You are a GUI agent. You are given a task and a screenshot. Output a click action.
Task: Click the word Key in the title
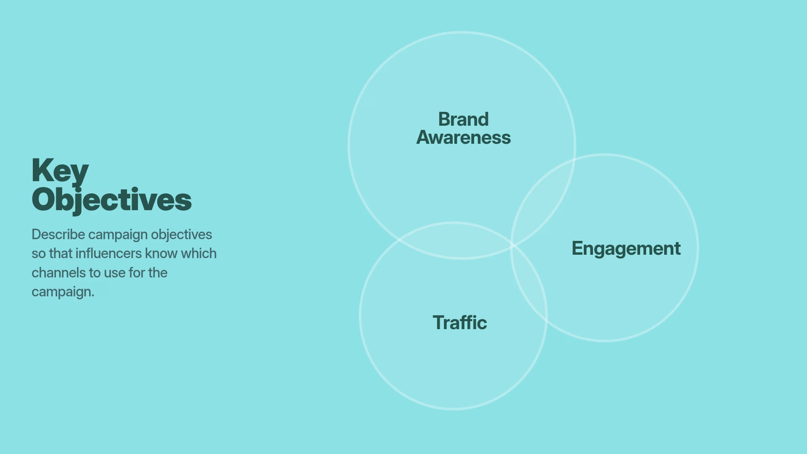tap(60, 171)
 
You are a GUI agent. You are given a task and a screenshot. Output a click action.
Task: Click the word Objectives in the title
tap(111, 200)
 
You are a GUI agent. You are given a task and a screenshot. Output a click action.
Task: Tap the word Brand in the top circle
tap(463, 119)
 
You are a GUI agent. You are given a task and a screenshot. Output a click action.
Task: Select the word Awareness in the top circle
tap(463, 138)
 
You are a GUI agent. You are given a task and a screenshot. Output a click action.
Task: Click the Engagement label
tap(626, 248)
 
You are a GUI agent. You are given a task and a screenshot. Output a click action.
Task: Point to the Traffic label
tap(459, 323)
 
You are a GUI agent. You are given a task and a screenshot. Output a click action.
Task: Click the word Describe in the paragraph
tap(58, 235)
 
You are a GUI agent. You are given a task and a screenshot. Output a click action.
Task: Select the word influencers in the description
tap(108, 253)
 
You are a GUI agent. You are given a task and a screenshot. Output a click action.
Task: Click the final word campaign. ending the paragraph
tap(63, 292)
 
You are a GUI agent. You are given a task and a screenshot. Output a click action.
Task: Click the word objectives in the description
tap(181, 235)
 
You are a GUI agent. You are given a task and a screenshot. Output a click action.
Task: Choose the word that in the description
tap(61, 253)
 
